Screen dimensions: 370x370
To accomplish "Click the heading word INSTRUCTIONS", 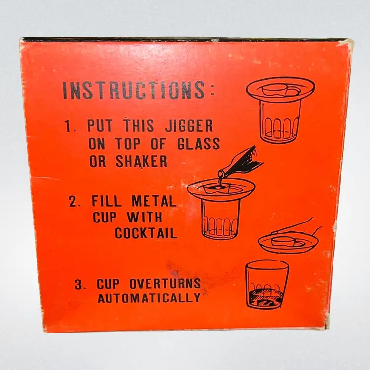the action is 134,90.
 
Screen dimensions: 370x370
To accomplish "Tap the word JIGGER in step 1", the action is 189,126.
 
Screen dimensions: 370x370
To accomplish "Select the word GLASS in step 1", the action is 198,144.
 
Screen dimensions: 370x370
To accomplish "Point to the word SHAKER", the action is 142,161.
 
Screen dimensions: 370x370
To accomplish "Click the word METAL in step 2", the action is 154,201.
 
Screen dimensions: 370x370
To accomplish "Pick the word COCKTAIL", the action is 146,233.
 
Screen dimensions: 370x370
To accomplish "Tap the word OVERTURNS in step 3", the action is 165,284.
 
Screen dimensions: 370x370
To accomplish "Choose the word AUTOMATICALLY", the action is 149,298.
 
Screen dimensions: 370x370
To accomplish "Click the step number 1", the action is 69,126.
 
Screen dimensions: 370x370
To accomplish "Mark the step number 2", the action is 74,202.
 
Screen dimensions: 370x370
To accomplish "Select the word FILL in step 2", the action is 106,201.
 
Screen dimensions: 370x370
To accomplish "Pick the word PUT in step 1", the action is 99,126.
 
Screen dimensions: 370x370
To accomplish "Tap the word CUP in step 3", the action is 108,284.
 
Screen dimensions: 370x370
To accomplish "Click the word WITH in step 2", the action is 145,217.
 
